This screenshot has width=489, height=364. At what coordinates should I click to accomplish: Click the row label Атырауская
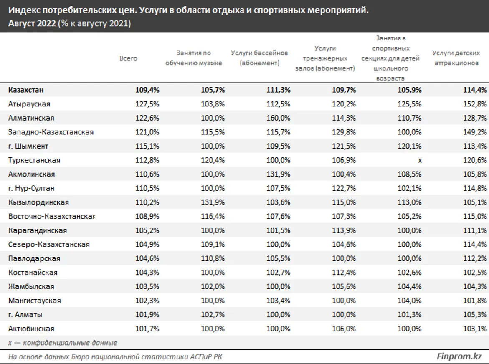tap(29, 104)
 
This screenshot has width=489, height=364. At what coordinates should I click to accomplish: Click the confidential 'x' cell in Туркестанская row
tap(420, 160)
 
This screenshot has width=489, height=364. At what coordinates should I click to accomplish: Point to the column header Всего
tap(128, 58)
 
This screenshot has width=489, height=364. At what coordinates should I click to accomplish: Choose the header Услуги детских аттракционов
tap(456, 58)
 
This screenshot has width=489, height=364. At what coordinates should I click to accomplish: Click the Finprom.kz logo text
tap(459, 356)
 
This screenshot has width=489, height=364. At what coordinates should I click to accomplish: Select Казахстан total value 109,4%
tap(147, 90)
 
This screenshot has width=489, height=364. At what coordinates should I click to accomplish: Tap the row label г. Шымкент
tap(28, 146)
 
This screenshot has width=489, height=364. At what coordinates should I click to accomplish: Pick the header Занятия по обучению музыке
tap(193, 58)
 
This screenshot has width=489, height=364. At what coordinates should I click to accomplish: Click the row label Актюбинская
tap(31, 329)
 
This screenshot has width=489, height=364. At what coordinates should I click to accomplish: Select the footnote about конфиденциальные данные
tap(63, 343)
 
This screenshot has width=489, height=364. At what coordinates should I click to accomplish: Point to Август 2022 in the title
tap(32, 24)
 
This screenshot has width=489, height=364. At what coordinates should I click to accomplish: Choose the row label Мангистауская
tap(34, 301)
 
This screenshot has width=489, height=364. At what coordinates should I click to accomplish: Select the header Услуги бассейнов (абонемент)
tap(259, 58)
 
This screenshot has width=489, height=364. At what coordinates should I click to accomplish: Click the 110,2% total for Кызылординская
tap(147, 202)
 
